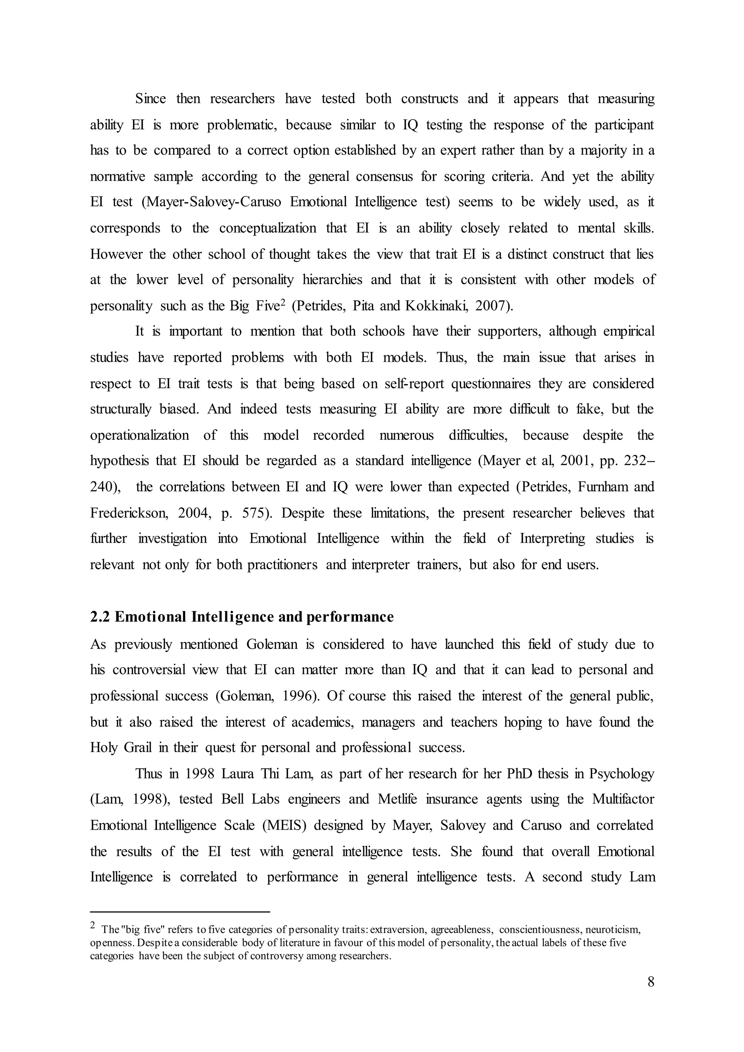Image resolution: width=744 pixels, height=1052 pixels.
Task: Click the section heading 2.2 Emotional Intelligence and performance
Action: point(242,617)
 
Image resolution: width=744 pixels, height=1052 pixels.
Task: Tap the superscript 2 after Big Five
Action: point(283,302)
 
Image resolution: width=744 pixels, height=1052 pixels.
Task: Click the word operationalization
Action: point(139,435)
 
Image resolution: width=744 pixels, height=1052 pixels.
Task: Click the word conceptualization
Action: point(267,228)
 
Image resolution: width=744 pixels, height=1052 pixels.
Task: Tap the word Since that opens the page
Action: point(151,99)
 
